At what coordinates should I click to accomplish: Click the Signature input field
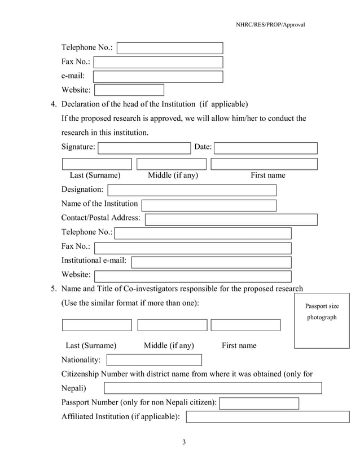pos(144,148)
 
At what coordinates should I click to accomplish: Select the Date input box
pos(266,148)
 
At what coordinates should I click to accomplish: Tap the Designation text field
pos(192,190)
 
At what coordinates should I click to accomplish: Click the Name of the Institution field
pos(209,205)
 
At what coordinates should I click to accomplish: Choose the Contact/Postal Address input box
pos(231,219)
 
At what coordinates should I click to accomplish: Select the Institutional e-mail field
pos(211,262)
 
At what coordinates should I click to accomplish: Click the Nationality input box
pos(154,360)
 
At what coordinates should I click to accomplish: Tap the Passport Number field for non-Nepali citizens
pos(259,403)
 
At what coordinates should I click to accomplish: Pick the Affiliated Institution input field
pos(267,417)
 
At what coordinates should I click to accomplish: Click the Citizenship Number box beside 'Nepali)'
pos(213,388)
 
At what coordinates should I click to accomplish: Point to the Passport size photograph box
pos(322,320)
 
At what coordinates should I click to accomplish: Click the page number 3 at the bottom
pos(184,442)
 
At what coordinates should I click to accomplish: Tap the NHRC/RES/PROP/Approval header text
pos(271,25)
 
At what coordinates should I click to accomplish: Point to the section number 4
pos(53,104)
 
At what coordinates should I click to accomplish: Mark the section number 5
pos(53,289)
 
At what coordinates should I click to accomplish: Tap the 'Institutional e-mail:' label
pos(94,261)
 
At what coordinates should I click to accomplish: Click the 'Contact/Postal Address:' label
pos(100,218)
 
